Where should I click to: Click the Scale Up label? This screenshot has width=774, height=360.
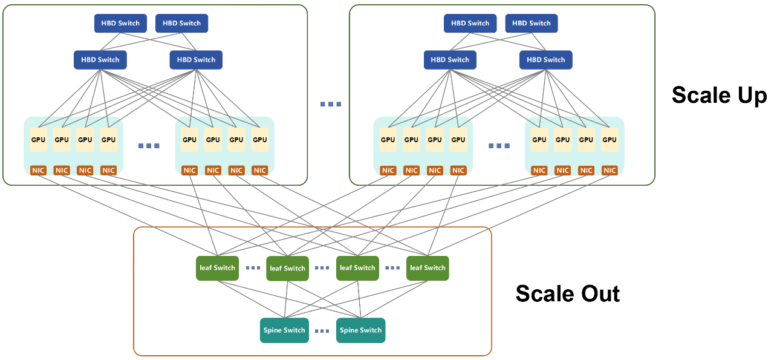coord(719,96)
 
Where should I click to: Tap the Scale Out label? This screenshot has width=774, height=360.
coord(567,293)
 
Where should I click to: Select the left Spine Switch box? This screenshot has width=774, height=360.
coord(284,330)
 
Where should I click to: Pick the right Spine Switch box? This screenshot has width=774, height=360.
coord(360,330)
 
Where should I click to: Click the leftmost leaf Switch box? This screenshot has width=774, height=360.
coord(216,268)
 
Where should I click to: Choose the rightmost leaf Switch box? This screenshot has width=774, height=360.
coord(428,268)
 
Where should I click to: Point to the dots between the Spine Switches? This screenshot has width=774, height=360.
coord(322,331)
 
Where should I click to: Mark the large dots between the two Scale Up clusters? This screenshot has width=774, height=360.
coord(331,104)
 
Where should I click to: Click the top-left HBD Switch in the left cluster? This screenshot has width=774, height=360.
coord(120,23)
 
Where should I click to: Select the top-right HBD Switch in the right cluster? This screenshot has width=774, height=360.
coord(532,23)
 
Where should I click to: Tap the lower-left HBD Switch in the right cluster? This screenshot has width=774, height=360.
coord(450,60)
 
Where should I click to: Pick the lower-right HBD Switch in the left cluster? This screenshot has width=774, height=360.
coord(196,60)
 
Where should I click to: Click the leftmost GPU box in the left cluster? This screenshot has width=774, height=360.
coord(39,140)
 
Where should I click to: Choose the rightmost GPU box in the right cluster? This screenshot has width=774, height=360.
coord(610,140)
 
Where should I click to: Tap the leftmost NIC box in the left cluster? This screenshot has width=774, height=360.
coord(39,171)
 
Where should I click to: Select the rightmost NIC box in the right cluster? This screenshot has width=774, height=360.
coord(610,171)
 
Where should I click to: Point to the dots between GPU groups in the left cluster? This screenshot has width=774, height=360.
coord(149,146)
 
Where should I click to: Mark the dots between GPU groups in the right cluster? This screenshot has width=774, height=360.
coord(499,146)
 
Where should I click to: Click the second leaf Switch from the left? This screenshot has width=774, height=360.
coord(287,268)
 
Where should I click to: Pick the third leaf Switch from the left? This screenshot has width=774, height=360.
coord(357,268)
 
